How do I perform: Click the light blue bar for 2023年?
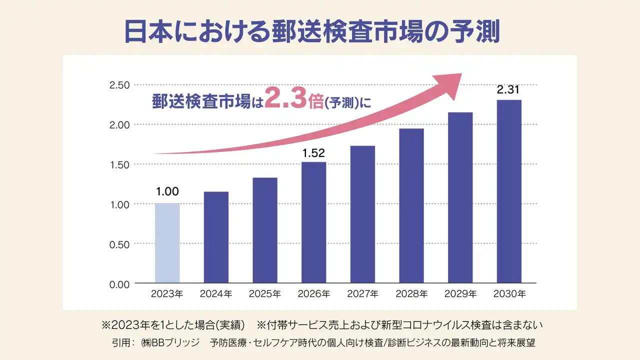tap(167, 243)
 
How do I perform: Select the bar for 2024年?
tap(216, 237)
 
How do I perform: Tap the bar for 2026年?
tap(313, 222)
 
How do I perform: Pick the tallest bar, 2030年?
tap(509, 191)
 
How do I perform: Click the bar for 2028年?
tap(411, 206)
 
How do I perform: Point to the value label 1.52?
tap(313, 153)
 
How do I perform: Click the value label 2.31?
tap(508, 90)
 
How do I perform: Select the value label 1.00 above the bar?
tap(167, 191)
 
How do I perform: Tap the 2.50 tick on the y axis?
tap(119, 85)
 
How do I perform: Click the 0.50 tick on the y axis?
tap(119, 244)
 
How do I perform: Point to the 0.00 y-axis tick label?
tap(119, 284)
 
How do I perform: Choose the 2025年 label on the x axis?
tap(265, 294)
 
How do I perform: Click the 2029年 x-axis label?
tap(460, 294)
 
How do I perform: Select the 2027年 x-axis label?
tap(362, 294)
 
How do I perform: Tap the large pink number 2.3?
tap(285, 98)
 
